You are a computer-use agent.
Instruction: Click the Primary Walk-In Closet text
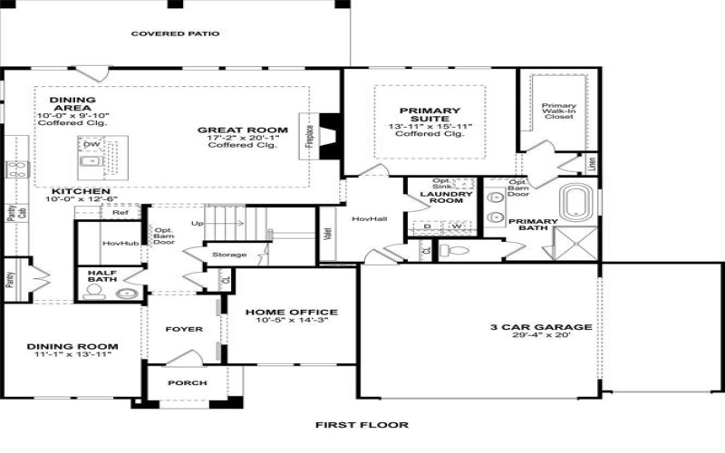(558, 111)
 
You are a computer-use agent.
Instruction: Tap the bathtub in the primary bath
(576, 201)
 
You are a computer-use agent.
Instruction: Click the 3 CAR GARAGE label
(541, 327)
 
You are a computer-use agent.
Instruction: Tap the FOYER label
(185, 329)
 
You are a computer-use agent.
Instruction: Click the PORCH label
(188, 382)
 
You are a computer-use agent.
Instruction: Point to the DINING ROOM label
(72, 346)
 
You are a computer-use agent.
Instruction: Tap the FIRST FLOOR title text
(362, 424)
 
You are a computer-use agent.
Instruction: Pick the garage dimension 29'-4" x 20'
(541, 337)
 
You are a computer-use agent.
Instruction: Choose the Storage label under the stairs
(229, 255)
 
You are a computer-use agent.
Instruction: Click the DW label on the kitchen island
(92, 144)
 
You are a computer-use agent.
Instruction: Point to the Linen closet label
(592, 164)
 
